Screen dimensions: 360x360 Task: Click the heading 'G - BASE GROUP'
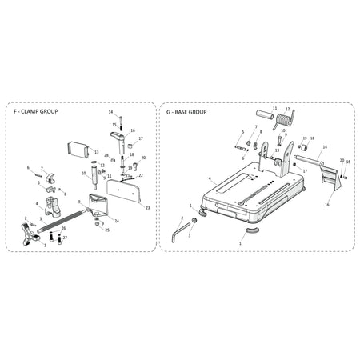point(186,113)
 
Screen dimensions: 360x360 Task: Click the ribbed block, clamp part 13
point(79,149)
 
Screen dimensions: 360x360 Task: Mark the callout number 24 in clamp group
point(116,220)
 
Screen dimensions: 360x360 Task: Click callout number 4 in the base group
point(210,178)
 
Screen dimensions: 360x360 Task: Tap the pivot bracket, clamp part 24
point(101,204)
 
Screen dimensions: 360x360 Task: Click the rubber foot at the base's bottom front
point(251,229)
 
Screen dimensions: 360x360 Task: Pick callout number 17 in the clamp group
point(141,138)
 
